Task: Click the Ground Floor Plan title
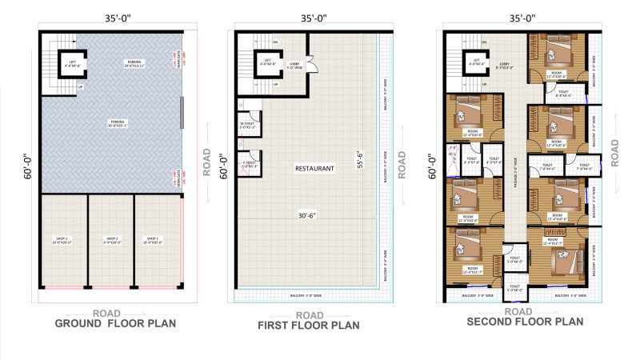pos(114,323)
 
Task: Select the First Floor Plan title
pos(308,325)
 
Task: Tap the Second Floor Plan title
pos(525,322)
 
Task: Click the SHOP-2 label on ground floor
pos(111,238)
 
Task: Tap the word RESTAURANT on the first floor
pos(314,169)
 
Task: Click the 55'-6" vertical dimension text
pos(361,159)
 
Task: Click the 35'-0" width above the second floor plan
pos(521,17)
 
